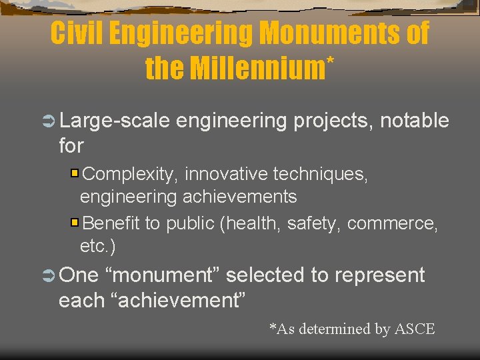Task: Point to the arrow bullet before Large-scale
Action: [x=48, y=122]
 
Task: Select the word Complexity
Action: [x=130, y=175]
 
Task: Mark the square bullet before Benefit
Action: [x=75, y=223]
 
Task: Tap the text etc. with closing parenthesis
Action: [x=97, y=246]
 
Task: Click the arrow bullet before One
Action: [x=48, y=276]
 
